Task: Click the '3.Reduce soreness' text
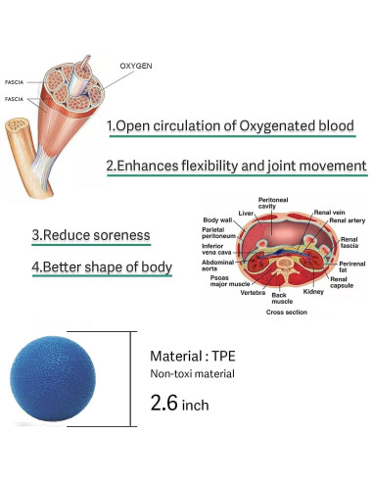[91, 235]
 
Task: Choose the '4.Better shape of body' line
[102, 266]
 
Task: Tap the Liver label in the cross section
[247, 212]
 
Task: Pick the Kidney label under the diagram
[314, 292]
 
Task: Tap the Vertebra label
[254, 292]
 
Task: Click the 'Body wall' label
[217, 219]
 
